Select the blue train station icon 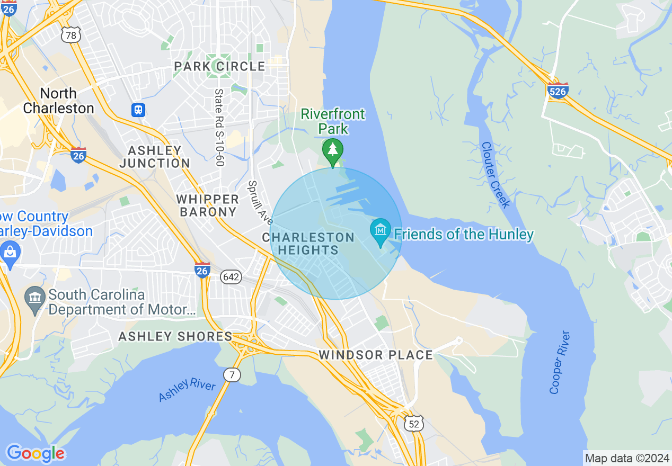(x=138, y=110)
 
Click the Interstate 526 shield (x=558, y=91)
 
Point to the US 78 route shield (x=70, y=35)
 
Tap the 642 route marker (x=231, y=276)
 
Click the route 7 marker (x=232, y=375)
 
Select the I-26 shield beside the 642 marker (x=202, y=270)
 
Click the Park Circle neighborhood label (x=219, y=66)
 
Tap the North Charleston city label (x=58, y=101)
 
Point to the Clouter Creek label (x=496, y=175)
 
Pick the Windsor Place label (x=375, y=354)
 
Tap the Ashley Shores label (x=175, y=336)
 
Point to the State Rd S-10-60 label (x=219, y=127)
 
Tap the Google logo (x=36, y=453)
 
